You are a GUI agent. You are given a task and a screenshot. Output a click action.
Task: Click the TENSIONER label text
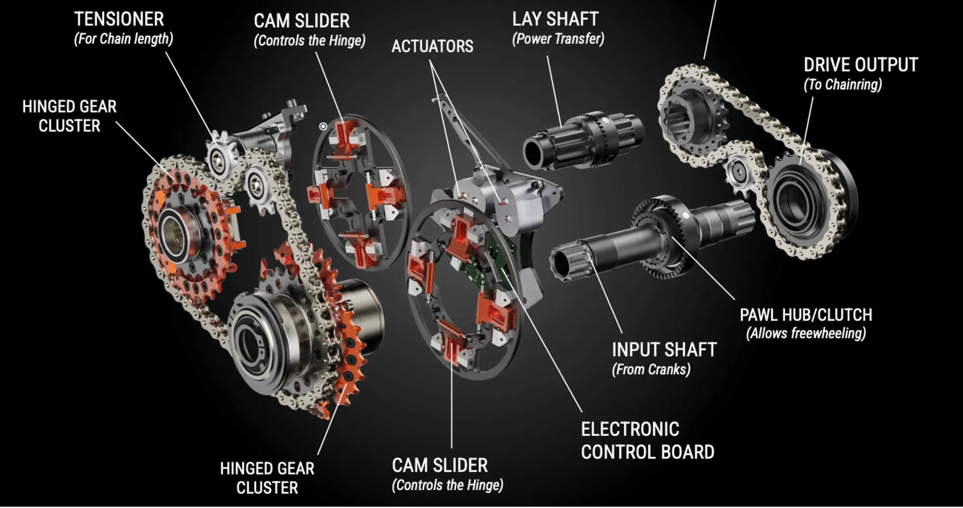tap(119, 19)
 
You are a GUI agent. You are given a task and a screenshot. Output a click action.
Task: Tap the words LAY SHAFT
tap(555, 19)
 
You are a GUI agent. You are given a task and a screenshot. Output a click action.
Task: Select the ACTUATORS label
tap(432, 46)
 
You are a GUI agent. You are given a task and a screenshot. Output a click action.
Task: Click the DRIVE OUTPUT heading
tap(860, 65)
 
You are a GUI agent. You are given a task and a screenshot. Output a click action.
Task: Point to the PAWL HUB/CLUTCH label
tap(806, 315)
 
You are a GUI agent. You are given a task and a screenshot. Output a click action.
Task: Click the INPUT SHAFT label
tap(664, 350)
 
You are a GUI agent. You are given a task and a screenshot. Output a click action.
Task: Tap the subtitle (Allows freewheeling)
tap(806, 333)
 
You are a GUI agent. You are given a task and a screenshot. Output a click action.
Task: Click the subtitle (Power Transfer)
tap(558, 39)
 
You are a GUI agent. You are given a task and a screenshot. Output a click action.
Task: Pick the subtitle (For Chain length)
tap(123, 39)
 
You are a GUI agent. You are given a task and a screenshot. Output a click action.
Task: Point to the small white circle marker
tap(323, 127)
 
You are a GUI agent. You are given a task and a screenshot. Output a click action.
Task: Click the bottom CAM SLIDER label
tap(440, 466)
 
